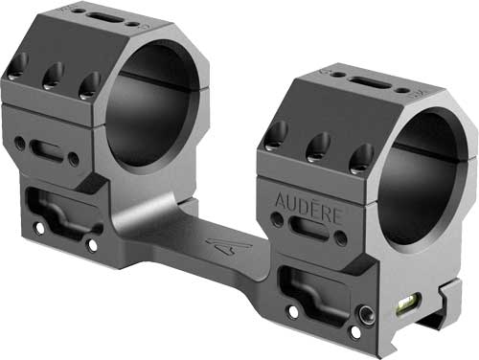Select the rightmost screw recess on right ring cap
click(x=355, y=159)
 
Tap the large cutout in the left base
click(x=57, y=209)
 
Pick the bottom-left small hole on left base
click(x=39, y=229)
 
